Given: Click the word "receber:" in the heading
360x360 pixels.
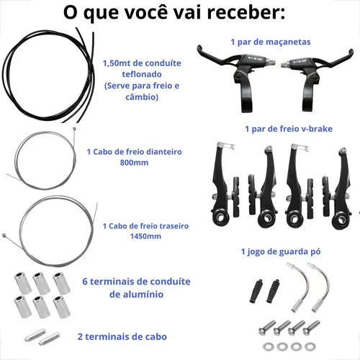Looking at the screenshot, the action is click(246, 12).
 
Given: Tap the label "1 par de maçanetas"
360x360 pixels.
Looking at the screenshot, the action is click(271, 42).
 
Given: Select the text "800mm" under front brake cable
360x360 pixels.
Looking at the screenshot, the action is click(134, 163).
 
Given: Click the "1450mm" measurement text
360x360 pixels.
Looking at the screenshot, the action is click(145, 236).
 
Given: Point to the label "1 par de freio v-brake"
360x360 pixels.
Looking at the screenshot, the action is click(289, 129).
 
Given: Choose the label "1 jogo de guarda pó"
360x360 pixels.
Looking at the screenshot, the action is click(281, 252).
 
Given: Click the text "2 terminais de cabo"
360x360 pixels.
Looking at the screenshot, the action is click(122, 337).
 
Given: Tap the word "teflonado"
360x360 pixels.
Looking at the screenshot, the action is click(142, 74).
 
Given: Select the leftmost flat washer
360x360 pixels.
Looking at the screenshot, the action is click(268, 346).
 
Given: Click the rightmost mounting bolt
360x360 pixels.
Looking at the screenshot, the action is click(312, 328).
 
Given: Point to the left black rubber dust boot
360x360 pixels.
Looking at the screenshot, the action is click(256, 291).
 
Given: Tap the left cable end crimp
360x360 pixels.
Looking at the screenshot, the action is click(35, 335).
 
